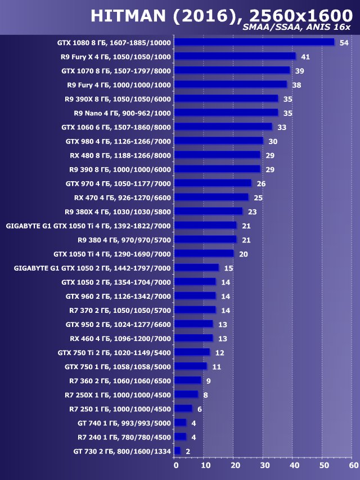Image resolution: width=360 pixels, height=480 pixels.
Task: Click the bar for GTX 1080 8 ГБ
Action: (254, 42)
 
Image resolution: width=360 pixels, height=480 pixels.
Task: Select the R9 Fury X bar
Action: (235, 56)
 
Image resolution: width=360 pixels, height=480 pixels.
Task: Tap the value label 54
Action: (344, 43)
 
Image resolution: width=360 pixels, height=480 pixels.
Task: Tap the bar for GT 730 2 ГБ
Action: (178, 451)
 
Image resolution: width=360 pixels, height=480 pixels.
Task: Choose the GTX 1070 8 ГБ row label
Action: (116, 70)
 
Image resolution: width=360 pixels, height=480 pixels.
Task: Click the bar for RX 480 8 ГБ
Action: (218, 155)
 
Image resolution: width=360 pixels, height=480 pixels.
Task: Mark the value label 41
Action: (305, 57)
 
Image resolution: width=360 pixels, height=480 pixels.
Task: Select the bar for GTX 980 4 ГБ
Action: (219, 141)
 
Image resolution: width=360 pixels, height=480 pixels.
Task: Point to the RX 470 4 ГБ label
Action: (123, 198)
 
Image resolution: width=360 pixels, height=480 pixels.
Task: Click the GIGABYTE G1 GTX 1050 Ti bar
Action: (205, 225)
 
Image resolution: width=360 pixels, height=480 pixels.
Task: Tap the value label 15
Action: (228, 268)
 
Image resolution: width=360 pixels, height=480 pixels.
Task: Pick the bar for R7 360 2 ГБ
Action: (188, 380)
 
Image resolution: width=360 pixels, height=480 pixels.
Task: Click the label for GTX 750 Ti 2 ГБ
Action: (114, 352)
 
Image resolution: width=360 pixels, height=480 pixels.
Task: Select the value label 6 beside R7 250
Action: (200, 409)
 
